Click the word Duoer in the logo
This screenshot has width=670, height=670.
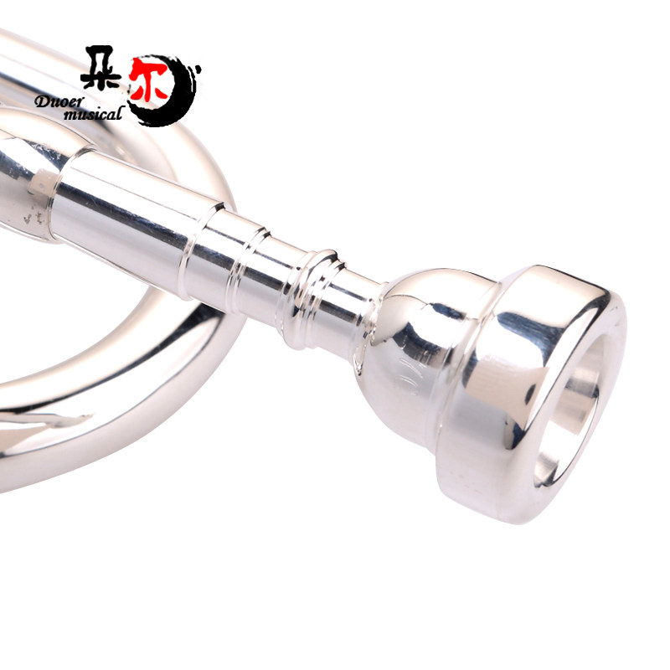pyautogui.click(x=60, y=101)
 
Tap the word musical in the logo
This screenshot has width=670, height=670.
pyautogui.click(x=92, y=114)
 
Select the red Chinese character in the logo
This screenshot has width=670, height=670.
pyautogui.click(x=148, y=80)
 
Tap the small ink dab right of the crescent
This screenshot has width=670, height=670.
pyautogui.click(x=198, y=68)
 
